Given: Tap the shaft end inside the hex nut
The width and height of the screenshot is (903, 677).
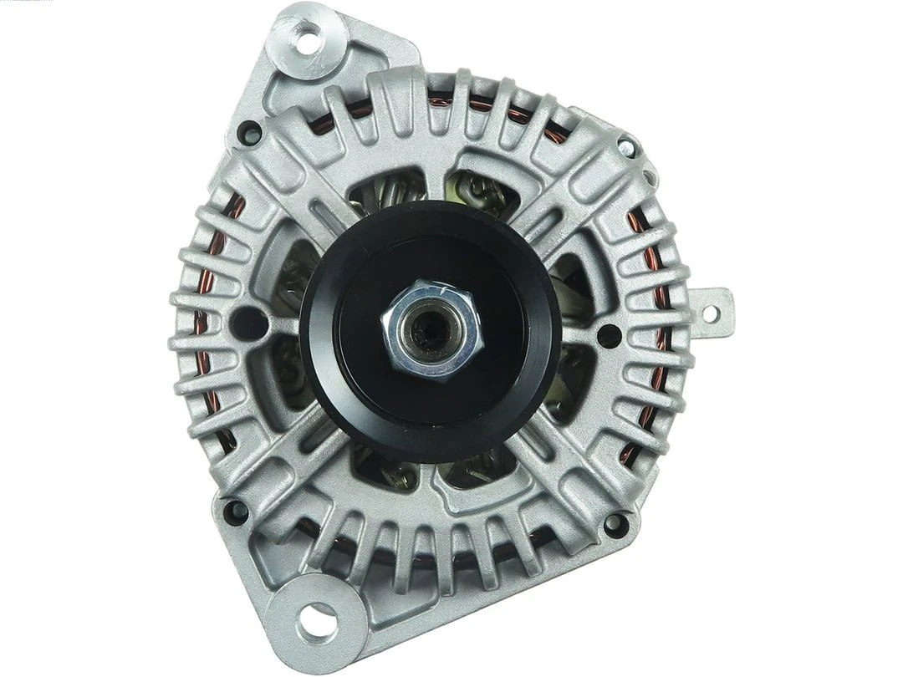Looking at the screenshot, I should point(430,328).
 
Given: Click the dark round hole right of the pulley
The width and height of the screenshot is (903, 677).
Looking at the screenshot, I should point(610,335).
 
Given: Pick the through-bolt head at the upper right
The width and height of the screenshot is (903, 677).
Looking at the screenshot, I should point(626,149).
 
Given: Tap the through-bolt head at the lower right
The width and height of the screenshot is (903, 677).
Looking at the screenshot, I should point(615,525).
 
